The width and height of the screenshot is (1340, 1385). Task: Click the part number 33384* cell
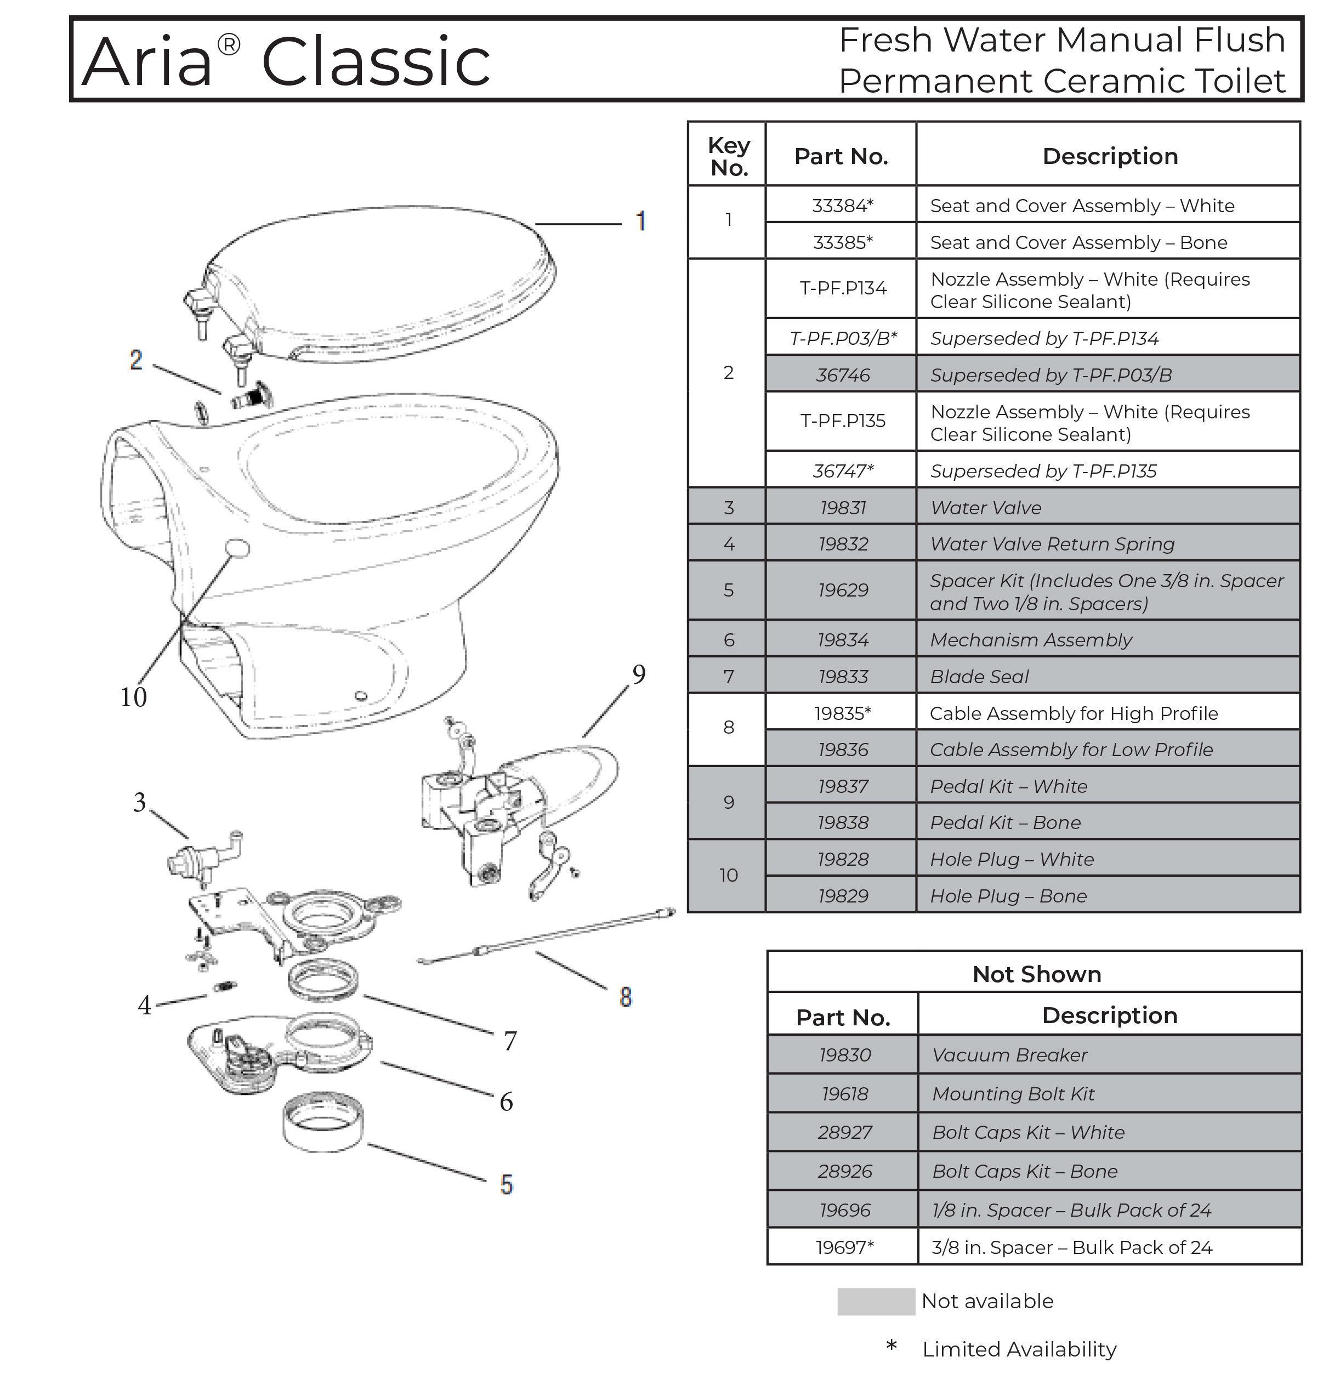[843, 206]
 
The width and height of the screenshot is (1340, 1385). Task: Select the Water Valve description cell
[1108, 507]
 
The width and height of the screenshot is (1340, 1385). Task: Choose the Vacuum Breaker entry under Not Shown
[1009, 1055]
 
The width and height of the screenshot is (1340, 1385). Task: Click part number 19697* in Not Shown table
[844, 1247]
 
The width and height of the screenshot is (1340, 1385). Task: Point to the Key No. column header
[729, 156]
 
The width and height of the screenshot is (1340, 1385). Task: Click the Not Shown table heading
[1036, 974]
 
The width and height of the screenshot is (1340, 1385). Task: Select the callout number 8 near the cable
[626, 997]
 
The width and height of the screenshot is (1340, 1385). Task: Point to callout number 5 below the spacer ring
[506, 1184]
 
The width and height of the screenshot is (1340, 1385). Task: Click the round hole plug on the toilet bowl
[237, 548]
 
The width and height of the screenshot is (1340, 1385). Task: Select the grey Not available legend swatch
[876, 1302]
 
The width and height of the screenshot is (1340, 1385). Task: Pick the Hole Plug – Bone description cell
[1108, 896]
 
